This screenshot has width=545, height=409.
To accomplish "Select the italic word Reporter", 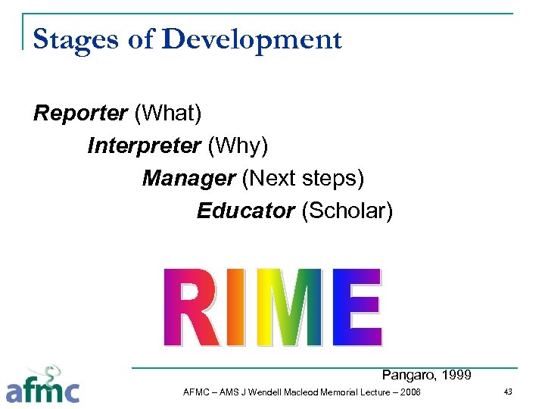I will pyautogui.click(x=80, y=114).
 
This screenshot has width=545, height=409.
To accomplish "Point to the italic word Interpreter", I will pyautogui.click(x=143, y=145).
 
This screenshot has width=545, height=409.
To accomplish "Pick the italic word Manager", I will pyautogui.click(x=188, y=178).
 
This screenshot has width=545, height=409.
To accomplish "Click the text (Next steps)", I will pyautogui.click(x=303, y=178).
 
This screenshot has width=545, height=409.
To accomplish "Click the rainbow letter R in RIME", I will pyautogui.click(x=193, y=307).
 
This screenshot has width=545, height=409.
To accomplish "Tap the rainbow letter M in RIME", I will pyautogui.click(x=288, y=307).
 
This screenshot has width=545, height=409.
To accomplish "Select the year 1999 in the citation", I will pyautogui.click(x=456, y=374).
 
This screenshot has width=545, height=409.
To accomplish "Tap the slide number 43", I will pyautogui.click(x=507, y=391).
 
